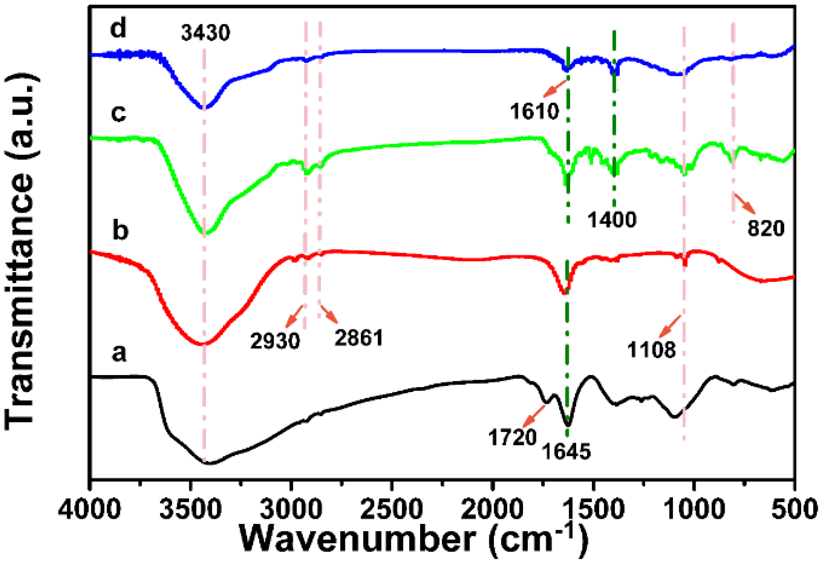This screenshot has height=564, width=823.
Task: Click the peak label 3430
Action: (x=205, y=33)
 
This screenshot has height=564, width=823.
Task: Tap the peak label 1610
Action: (x=534, y=111)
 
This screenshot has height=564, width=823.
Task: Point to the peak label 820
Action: (x=766, y=228)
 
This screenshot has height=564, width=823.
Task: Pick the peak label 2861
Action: (x=359, y=338)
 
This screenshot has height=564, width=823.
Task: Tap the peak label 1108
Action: (x=652, y=350)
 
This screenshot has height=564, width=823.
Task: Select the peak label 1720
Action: (x=513, y=438)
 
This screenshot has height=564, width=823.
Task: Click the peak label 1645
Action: (x=567, y=452)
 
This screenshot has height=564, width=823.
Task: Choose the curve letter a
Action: (x=119, y=353)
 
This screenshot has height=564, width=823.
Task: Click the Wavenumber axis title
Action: (x=414, y=542)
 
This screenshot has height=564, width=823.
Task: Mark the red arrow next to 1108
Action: (x=670, y=326)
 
